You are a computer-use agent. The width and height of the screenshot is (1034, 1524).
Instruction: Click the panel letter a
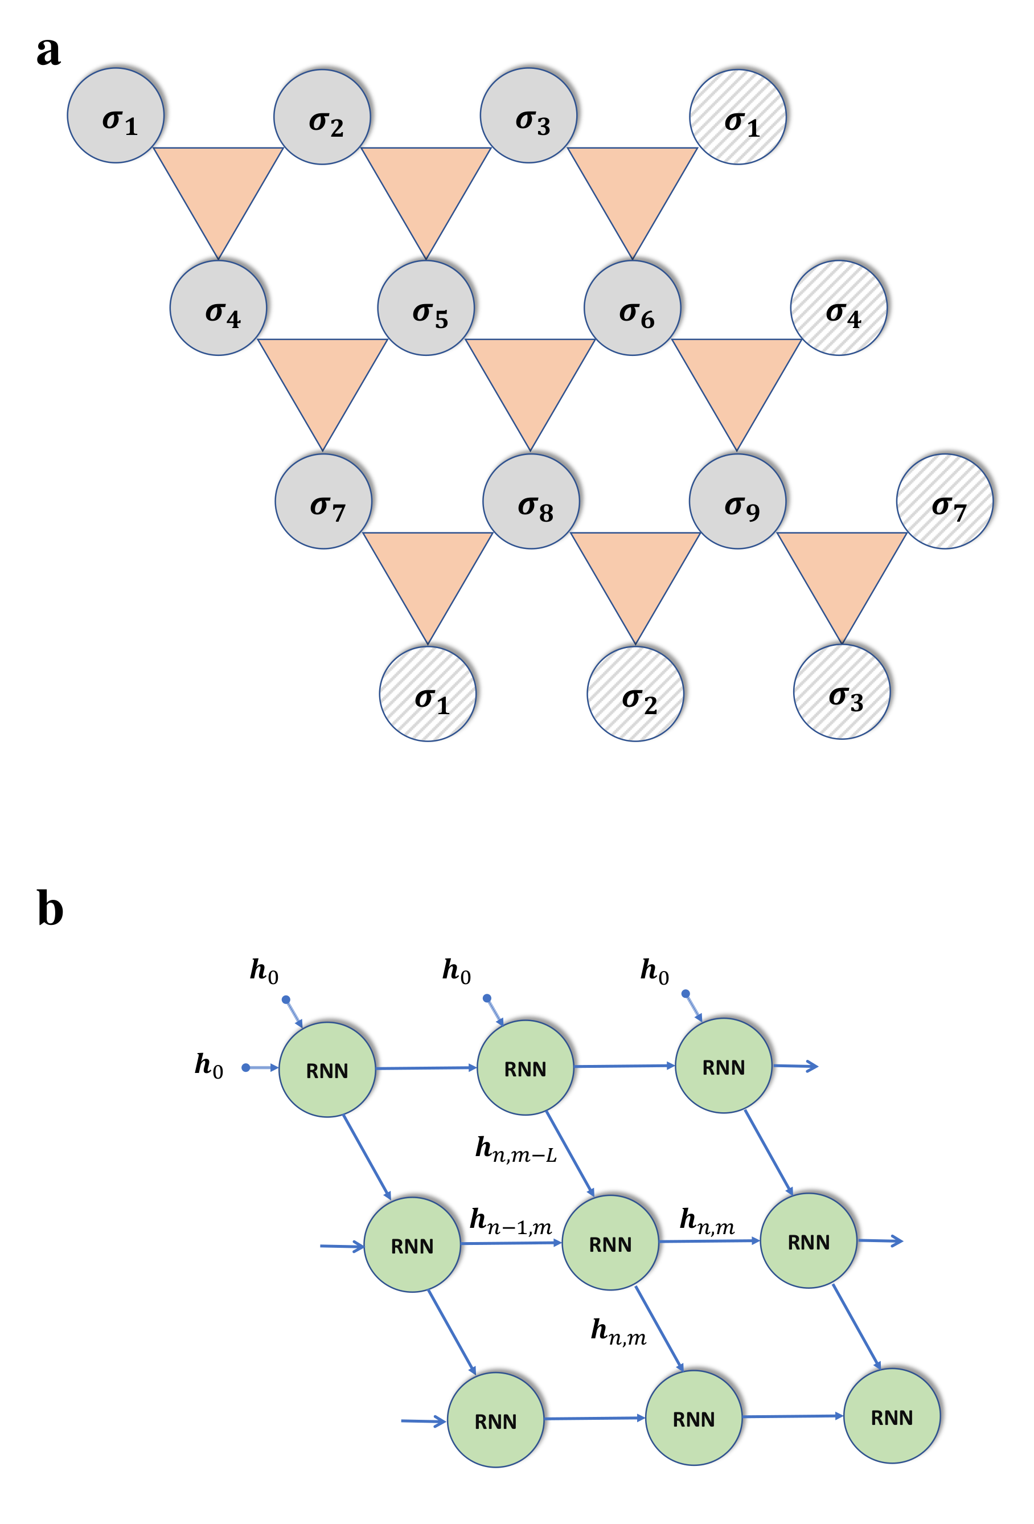pos(48,51)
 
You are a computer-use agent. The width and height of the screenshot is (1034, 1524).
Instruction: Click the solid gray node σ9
pos(737,501)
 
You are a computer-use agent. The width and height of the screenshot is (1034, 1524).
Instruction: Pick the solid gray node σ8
pos(531,501)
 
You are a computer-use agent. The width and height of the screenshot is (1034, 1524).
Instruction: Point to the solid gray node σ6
pos(632,308)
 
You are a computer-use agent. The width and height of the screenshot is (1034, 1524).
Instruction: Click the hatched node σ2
pos(635,694)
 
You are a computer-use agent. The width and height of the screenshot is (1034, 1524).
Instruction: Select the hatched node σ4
pos(839,308)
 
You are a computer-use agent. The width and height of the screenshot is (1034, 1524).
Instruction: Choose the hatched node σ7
pos(944,501)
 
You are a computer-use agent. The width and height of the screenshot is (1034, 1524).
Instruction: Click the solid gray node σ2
pos(322,117)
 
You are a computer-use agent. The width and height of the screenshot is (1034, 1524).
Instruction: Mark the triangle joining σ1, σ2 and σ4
pos(218,190)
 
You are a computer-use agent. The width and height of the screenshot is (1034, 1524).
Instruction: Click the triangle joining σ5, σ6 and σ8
pos(530,382)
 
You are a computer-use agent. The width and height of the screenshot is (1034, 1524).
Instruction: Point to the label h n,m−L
pos(515,1150)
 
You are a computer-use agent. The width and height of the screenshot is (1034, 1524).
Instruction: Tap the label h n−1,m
pos(510,1221)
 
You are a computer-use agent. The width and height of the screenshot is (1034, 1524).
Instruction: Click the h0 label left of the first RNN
pos(208,1064)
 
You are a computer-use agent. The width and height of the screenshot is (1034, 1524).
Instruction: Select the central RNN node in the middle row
pos(610,1243)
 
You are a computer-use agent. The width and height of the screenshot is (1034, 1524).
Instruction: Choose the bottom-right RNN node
pos(891,1416)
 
